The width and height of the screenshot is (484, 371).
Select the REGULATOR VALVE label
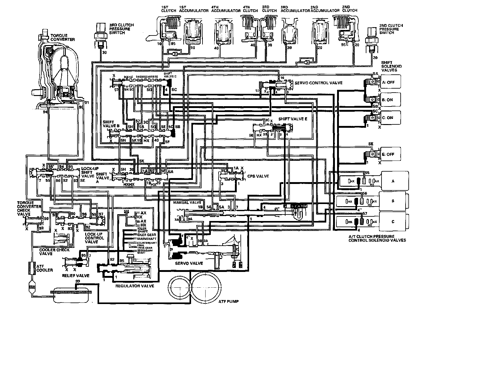(x=135, y=286)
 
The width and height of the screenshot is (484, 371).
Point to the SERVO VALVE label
(x=189, y=263)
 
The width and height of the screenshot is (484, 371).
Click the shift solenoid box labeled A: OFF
(x=387, y=82)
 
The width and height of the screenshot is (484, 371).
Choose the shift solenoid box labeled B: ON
(x=387, y=100)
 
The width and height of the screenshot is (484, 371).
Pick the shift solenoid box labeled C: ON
(x=387, y=118)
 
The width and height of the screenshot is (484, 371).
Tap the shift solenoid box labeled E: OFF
(x=387, y=154)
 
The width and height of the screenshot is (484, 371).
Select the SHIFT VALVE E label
(x=290, y=119)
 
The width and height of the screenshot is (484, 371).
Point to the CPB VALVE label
(x=254, y=176)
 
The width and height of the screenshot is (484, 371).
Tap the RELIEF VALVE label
(x=76, y=275)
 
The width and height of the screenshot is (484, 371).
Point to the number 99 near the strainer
(x=77, y=281)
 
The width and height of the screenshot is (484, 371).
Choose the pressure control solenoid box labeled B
(x=393, y=201)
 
